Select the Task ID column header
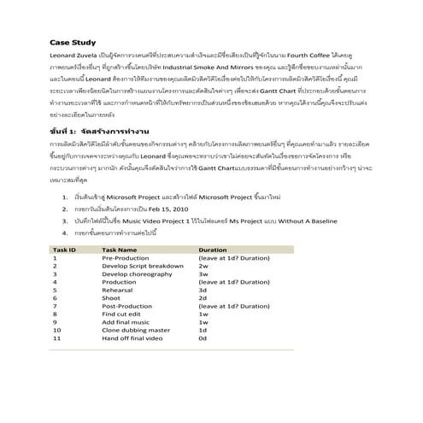[x=65, y=249]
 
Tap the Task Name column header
[x=120, y=249]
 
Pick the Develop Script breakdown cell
[x=143, y=265]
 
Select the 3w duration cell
[x=203, y=273]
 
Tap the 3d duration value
[x=203, y=290]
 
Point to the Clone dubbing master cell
[x=136, y=330]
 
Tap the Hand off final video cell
[x=132, y=338]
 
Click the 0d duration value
[x=203, y=338]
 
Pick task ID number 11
[x=57, y=338]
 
